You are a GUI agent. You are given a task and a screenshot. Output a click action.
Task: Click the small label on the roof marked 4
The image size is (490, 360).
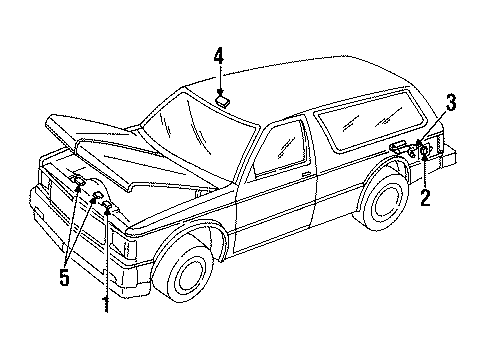click(225, 97)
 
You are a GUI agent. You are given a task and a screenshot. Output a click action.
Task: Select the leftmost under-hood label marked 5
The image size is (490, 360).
click(77, 179)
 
